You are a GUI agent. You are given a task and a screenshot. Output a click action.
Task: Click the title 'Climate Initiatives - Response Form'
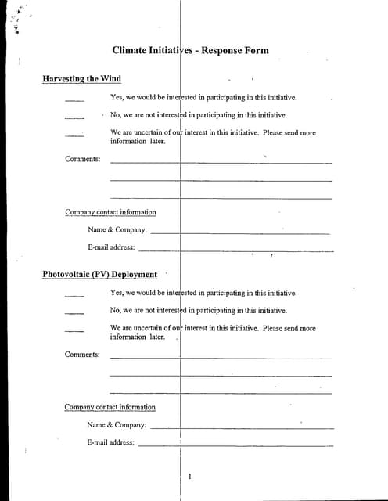[x=190, y=50]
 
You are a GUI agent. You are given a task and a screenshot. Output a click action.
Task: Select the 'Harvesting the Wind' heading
[x=81, y=79]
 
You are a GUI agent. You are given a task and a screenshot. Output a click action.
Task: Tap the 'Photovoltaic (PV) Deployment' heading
[x=99, y=275]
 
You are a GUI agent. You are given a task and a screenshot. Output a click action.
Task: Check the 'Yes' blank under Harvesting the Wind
[x=74, y=99]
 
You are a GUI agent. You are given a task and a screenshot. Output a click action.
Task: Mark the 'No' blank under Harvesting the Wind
[x=74, y=117]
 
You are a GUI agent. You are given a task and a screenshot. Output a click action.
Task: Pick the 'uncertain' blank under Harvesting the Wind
[x=74, y=135]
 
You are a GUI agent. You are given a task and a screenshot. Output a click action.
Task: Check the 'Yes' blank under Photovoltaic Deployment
[x=74, y=295]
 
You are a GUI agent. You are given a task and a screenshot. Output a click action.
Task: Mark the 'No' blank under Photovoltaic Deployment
[x=74, y=312]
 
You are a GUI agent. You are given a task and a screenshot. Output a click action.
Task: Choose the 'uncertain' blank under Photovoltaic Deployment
[x=74, y=330]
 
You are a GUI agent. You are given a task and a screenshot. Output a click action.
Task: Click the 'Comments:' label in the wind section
[x=82, y=160]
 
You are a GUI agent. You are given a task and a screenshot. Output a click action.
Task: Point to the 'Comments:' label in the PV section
[x=82, y=355]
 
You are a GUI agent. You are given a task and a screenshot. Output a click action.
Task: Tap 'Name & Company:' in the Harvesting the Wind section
[x=117, y=230]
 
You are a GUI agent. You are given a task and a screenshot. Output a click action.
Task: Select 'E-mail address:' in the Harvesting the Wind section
[x=111, y=247]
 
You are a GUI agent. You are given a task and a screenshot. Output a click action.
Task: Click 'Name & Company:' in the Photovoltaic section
[x=117, y=425]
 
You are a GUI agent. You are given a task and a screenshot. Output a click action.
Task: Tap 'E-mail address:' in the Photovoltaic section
[x=110, y=442]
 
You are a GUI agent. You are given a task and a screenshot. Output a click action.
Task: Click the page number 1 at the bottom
[x=189, y=476]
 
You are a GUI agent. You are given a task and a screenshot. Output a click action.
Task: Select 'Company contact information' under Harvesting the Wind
[x=110, y=212]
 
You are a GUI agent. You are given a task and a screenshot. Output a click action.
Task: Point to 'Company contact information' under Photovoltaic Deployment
[x=110, y=407]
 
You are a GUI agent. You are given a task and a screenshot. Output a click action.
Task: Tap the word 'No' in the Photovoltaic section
[x=116, y=311]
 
